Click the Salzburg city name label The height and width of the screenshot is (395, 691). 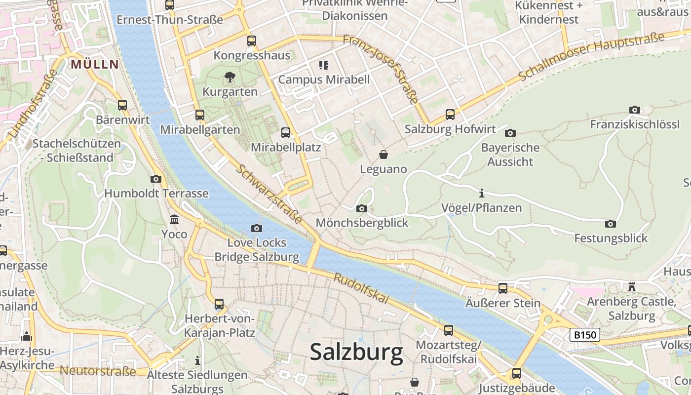356,353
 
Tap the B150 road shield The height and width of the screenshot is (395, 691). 585,335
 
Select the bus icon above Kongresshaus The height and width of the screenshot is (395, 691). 252,40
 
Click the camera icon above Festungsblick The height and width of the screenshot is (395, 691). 611,224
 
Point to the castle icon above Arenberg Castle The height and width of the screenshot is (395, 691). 631,287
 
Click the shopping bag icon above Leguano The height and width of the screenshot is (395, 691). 384,155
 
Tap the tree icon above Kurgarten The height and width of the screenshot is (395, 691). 230,77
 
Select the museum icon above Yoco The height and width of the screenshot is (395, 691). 174,219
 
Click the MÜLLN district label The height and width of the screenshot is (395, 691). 95,64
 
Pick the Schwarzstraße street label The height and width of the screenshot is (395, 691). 269,193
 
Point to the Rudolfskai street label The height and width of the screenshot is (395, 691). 361,288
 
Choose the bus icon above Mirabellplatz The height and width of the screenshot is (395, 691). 286,132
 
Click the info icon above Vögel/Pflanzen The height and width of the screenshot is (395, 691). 482,193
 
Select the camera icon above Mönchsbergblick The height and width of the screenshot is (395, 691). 362,208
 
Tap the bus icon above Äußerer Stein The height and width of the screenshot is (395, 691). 503,288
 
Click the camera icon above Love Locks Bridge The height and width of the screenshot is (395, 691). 257,228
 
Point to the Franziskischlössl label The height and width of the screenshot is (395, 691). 634,124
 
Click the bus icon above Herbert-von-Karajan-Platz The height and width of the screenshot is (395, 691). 219,304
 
